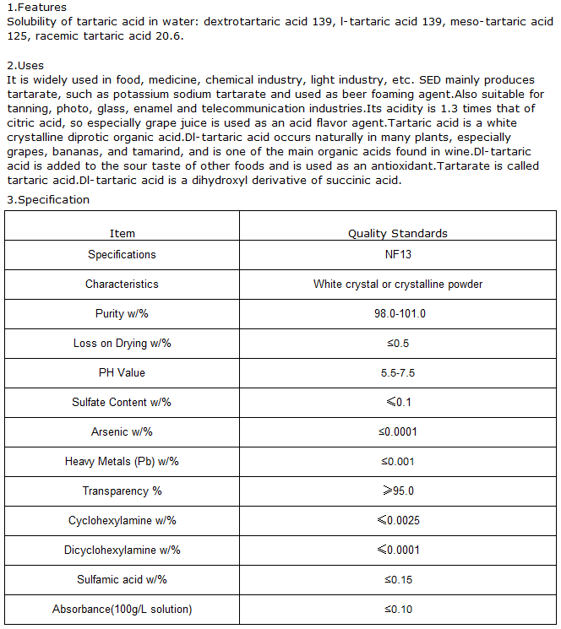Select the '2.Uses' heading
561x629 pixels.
tap(25, 65)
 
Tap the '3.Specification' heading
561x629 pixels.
tap(47, 200)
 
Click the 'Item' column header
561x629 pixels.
tap(123, 233)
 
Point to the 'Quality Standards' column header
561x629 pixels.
tap(398, 233)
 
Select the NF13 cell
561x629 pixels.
tap(398, 254)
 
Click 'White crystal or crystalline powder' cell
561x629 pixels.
tap(398, 284)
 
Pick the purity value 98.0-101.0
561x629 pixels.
tap(398, 313)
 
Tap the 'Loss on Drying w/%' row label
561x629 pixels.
tap(123, 343)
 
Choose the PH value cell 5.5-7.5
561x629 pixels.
tap(398, 372)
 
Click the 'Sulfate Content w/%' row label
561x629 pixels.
tap(123, 402)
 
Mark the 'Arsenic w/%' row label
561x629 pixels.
tap(123, 431)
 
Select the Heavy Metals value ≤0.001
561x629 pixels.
tap(398, 461)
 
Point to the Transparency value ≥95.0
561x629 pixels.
tap(398, 491)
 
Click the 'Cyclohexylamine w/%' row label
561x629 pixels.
tap(123, 520)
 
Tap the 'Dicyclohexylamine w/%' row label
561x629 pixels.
tap(123, 550)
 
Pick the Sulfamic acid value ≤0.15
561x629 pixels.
tap(398, 579)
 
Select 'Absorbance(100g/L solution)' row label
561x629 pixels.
tap(123, 609)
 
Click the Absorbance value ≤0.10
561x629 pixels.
tap(398, 609)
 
